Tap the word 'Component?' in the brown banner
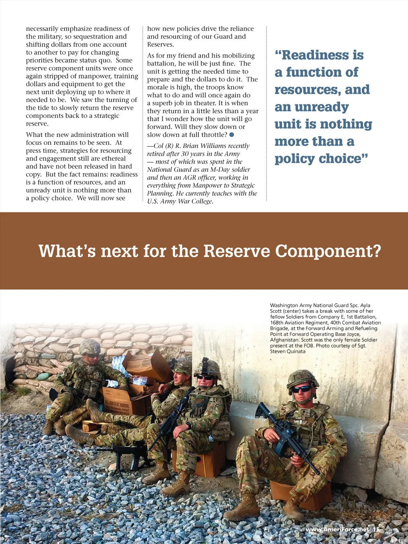328,251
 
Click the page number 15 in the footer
376,529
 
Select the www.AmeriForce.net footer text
337,529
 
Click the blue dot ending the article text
231,135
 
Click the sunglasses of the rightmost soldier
301,389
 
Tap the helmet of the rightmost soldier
302,377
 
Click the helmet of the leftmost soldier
90,347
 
